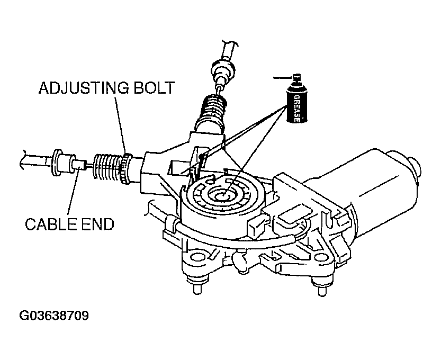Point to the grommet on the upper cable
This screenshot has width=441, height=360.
tap(222, 69)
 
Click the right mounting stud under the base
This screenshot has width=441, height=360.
tap(320, 289)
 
